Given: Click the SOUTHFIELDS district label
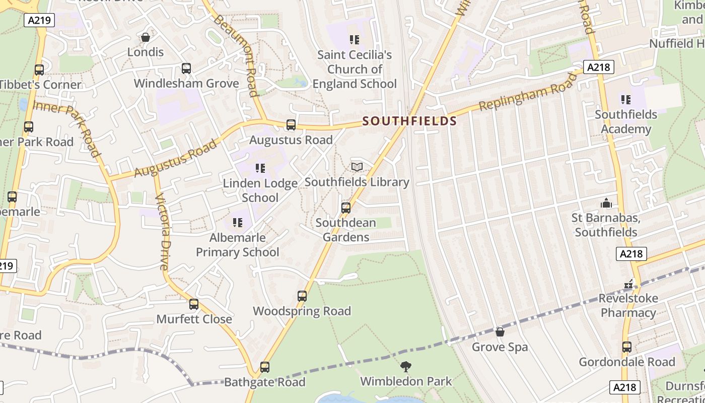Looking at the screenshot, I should tap(409, 121).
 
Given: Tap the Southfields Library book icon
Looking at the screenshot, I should tap(357, 167).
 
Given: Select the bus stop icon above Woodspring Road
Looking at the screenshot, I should tap(302, 296).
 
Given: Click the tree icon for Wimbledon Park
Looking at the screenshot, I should tap(406, 366).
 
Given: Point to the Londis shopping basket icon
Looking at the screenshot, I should tap(146, 37).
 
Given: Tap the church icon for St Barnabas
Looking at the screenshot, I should tap(606, 203).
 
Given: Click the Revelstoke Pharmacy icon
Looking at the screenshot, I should tap(628, 284).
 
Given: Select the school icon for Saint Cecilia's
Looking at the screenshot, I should tap(355, 39).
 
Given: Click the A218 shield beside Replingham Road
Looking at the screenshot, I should tap(599, 67).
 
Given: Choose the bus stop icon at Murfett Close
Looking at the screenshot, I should tap(194, 304).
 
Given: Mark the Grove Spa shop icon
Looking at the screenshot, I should tap(500, 332).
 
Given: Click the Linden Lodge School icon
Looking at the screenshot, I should tap(260, 168).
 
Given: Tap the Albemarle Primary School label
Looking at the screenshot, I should tap(237, 245).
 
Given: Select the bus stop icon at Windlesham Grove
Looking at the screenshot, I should tap(186, 69).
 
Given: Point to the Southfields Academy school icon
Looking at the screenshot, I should tap(626, 99).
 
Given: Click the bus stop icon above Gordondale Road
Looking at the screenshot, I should tap(627, 347).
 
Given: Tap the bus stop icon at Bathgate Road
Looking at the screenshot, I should tap(265, 367).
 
